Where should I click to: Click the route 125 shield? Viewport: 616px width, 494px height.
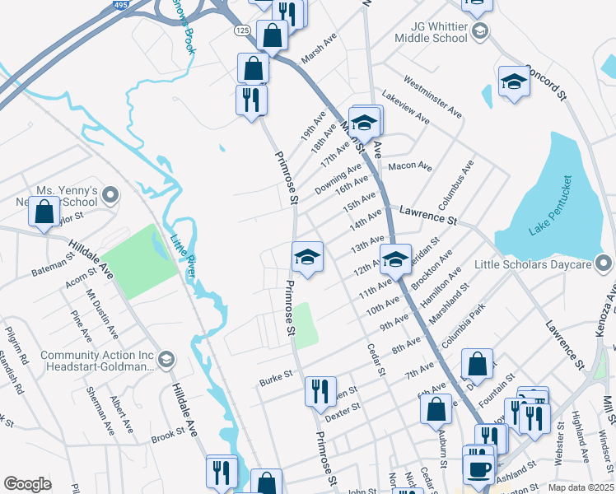pos(241,30)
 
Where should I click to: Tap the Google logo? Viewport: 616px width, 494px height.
pos(28,484)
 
